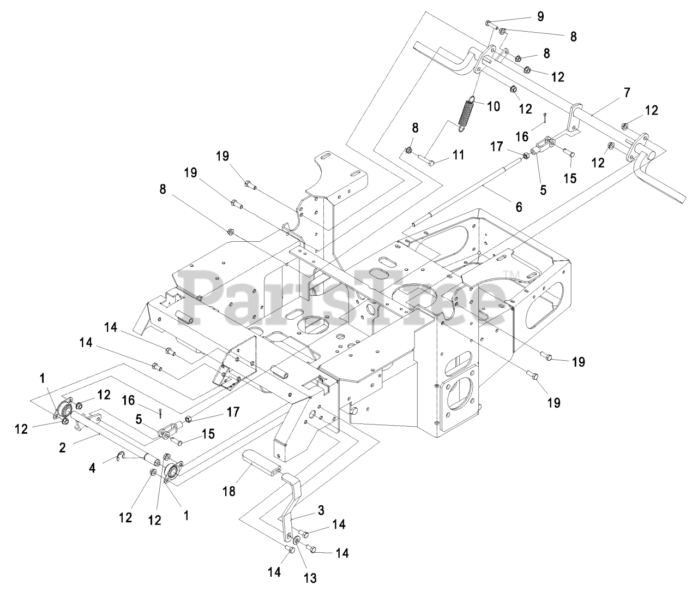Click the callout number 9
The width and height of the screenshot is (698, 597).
click(540, 16)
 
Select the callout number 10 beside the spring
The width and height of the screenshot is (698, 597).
click(493, 106)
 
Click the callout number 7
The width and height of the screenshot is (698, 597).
click(627, 93)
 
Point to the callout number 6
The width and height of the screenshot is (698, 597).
click(519, 207)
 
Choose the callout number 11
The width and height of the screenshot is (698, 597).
click(458, 156)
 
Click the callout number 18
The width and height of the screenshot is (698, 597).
click(229, 491)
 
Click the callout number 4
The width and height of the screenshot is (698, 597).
click(92, 468)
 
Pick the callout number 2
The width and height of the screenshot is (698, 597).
click(62, 447)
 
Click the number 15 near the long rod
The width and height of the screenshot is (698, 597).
click(570, 178)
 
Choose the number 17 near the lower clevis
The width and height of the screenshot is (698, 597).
click(233, 413)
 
